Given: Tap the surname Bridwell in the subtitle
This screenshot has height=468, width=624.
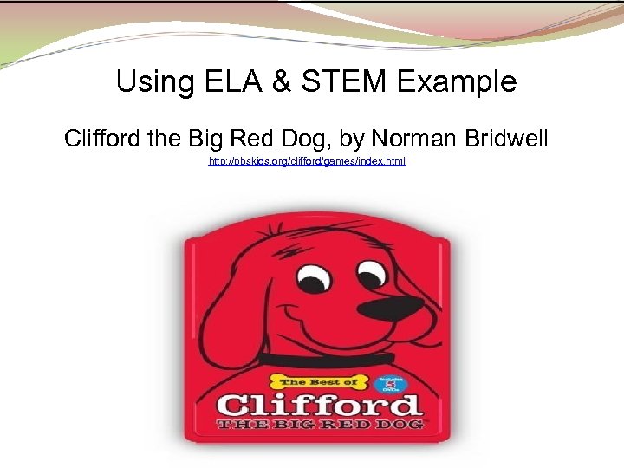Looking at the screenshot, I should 506,138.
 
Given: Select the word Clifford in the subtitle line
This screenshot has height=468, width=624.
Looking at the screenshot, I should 102,138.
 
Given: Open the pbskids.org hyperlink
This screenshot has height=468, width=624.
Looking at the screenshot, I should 307,162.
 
